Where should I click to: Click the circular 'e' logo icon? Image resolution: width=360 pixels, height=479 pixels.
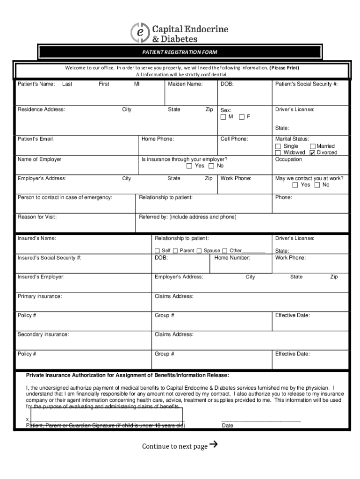tap(139, 32)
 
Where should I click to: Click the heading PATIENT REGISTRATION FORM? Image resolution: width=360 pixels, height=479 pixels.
tap(180, 52)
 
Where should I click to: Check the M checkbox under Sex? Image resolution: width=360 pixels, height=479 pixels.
tap(224, 117)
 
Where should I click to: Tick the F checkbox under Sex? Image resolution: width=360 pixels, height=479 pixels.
tap(242, 117)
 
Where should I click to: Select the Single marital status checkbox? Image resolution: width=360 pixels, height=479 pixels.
tap(279, 146)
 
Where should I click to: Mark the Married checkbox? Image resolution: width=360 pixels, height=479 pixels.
tap(313, 146)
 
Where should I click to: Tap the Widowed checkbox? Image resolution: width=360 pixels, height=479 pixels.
tap(279, 152)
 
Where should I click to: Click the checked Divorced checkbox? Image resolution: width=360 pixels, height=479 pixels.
tap(313, 152)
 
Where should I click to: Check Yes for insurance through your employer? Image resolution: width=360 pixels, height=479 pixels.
tap(189, 166)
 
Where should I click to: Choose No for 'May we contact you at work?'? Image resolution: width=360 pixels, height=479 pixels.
tap(317, 185)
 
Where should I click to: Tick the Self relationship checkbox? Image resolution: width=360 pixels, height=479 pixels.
tap(158, 251)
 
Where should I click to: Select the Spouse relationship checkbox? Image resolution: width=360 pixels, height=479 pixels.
tap(199, 251)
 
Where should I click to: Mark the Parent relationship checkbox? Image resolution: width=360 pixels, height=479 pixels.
tap(175, 251)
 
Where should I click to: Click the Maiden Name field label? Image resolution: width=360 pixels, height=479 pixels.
tap(185, 84)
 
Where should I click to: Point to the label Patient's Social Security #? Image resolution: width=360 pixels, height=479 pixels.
tap(306, 84)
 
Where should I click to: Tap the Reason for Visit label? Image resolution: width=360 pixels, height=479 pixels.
tap(37, 217)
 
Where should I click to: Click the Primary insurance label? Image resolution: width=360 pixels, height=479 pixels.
tap(40, 296)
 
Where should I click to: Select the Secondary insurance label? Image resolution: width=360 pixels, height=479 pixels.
tap(43, 334)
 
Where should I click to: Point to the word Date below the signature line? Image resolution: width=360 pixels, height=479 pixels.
tap(228, 426)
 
